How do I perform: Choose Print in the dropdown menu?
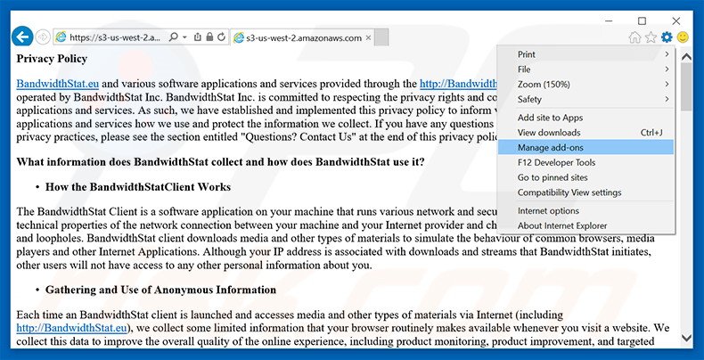point(528,54)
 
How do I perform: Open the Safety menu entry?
point(530,99)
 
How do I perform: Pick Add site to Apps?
point(550,118)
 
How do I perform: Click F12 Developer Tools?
point(556,162)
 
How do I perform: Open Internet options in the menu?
point(548,211)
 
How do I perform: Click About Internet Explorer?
point(561,225)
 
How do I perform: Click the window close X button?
point(679,20)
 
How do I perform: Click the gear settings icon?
point(667,37)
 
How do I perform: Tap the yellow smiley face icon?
point(684,37)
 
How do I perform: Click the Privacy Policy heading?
point(52,59)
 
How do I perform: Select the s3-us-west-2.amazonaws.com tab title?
point(303,37)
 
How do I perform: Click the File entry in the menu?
point(525,69)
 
